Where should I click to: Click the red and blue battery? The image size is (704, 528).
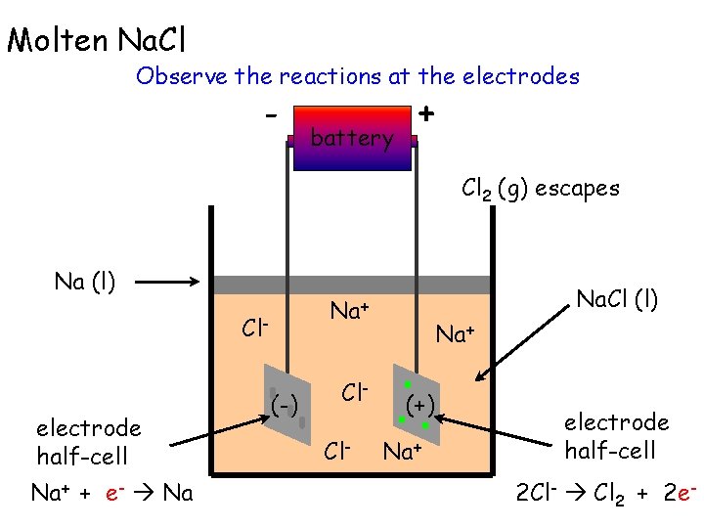coord(352,137)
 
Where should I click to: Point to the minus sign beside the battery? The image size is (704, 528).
coord(269,115)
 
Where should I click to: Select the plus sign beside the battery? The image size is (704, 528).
coord(426,114)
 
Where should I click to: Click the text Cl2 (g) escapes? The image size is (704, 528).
coord(540,189)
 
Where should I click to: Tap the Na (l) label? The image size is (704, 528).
coord(85,283)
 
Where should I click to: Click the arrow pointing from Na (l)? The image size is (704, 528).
coord(170,284)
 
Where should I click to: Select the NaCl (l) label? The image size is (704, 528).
coord(617,298)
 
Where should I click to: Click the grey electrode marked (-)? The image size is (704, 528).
coord(286,402)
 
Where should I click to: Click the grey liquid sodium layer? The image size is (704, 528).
coord(352,285)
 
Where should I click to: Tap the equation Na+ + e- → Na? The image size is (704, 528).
coord(111,492)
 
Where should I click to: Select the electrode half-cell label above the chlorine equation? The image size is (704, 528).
coord(616,436)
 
